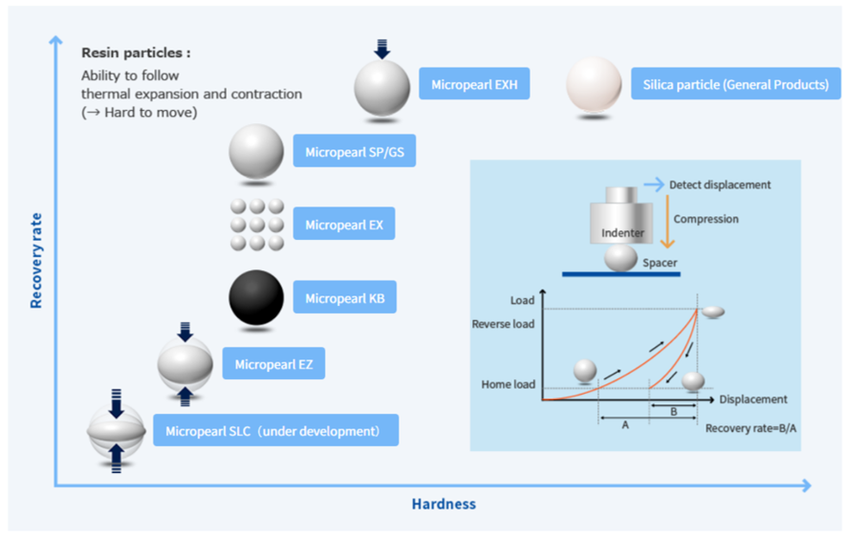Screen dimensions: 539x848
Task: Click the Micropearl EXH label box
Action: pyautogui.click(x=474, y=83)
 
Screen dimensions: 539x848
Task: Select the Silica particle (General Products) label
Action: pyautogui.click(x=735, y=83)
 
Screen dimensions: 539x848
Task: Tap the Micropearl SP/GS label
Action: pyautogui.click(x=354, y=151)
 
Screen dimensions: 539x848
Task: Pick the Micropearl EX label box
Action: pyautogui.click(x=343, y=225)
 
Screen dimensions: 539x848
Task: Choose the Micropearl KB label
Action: pyautogui.click(x=344, y=298)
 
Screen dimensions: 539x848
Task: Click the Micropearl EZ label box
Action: pyautogui.click(x=273, y=363)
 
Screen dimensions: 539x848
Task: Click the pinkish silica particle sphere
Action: pyautogui.click(x=594, y=84)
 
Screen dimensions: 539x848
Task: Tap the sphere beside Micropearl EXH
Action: pyautogui.click(x=381, y=88)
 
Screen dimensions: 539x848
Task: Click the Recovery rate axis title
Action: pyautogui.click(x=36, y=259)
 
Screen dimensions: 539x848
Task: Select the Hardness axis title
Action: pyautogui.click(x=444, y=504)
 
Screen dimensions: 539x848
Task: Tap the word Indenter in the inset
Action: pyautogui.click(x=621, y=232)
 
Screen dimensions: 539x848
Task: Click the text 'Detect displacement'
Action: pyautogui.click(x=720, y=183)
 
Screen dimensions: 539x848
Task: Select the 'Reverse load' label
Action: pyautogui.click(x=503, y=324)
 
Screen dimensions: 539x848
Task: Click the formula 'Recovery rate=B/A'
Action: pyautogui.click(x=750, y=427)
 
